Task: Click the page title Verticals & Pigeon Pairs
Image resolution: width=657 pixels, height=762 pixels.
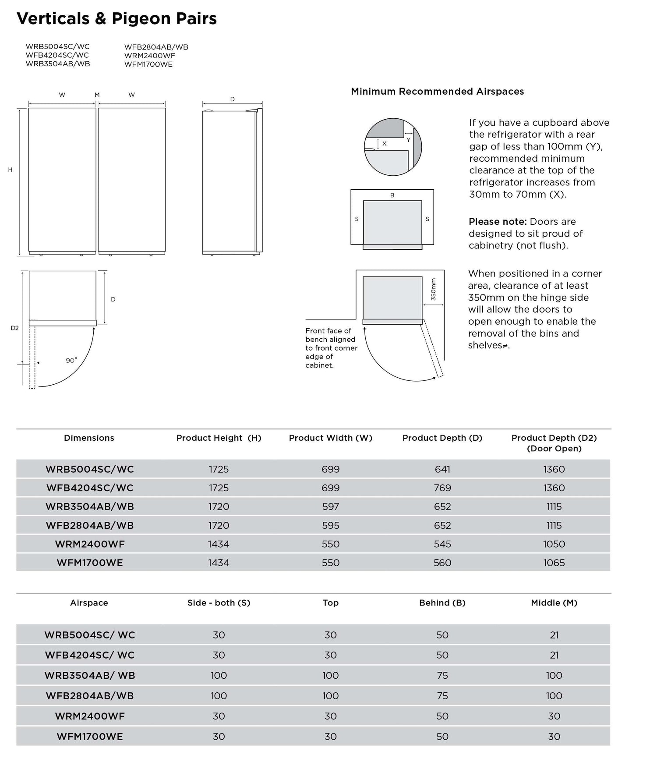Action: [117, 18]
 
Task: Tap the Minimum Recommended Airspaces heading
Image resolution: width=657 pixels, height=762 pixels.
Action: [437, 92]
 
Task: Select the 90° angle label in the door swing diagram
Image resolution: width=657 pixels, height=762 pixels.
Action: [71, 360]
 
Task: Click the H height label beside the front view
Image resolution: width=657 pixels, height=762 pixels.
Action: [11, 170]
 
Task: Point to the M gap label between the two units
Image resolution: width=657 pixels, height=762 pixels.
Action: [97, 95]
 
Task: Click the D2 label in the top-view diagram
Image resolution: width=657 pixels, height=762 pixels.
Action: [15, 328]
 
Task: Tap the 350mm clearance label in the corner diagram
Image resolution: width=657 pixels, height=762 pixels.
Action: [433, 289]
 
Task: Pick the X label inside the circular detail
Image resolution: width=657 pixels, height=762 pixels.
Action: [385, 143]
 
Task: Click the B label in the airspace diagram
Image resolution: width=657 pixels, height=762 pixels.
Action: [392, 195]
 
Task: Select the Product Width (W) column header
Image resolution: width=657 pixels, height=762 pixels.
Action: [331, 438]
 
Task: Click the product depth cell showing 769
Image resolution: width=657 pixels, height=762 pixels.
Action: [442, 488]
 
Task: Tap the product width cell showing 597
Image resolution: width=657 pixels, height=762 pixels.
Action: [331, 507]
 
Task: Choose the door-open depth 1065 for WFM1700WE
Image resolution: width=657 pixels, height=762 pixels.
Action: [554, 563]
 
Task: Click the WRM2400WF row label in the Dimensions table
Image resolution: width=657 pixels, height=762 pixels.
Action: [90, 544]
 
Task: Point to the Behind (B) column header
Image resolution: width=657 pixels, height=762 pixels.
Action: [442, 603]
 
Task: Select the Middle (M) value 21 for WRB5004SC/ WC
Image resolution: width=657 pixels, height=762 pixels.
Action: [554, 635]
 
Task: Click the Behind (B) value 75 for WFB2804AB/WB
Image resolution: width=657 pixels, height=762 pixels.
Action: [442, 696]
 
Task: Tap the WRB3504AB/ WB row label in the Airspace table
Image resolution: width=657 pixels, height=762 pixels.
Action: [90, 675]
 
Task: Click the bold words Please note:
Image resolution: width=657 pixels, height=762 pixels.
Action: [498, 222]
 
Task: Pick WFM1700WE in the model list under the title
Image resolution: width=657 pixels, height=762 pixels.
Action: [148, 64]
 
